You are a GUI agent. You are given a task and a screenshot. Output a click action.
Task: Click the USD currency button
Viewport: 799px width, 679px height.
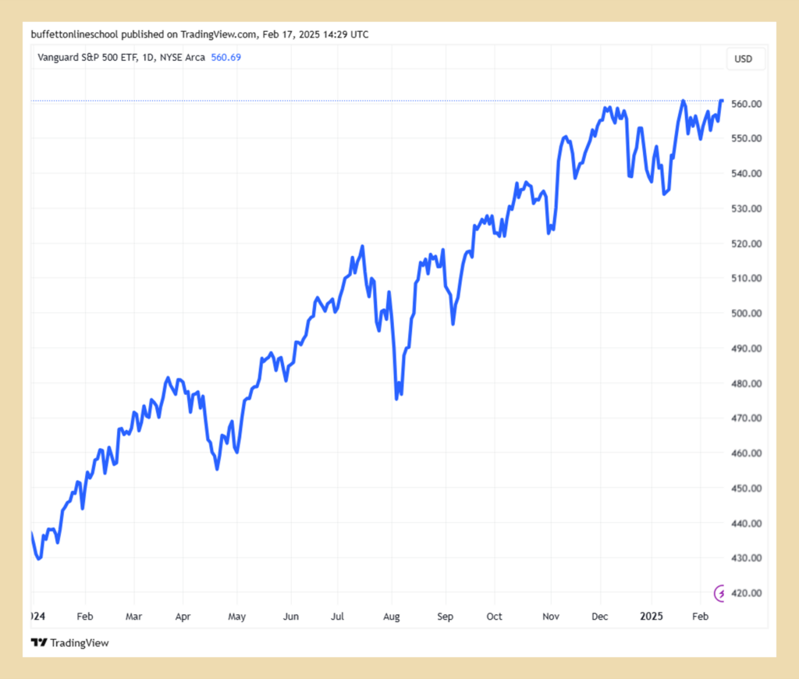pyautogui.click(x=744, y=59)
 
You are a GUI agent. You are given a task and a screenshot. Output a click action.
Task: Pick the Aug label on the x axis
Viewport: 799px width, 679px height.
pyautogui.click(x=392, y=617)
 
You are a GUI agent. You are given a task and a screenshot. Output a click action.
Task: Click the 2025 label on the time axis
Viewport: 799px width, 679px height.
pyautogui.click(x=652, y=617)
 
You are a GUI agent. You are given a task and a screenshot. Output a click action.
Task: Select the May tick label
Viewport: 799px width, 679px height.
pyautogui.click(x=236, y=617)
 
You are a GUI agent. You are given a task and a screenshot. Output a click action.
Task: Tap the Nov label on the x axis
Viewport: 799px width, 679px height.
pyautogui.click(x=550, y=617)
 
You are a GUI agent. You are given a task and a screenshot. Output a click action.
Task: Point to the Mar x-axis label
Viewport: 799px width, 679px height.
pyautogui.click(x=134, y=617)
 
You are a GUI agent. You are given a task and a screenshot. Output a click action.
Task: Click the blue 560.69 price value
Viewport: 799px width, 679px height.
pyautogui.click(x=226, y=57)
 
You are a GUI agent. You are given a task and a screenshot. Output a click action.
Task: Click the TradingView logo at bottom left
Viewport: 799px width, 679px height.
pyautogui.click(x=69, y=643)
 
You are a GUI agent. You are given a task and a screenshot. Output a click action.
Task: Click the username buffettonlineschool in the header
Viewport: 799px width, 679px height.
pyautogui.click(x=74, y=34)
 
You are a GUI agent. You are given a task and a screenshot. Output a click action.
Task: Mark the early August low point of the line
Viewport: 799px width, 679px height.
pyautogui.click(x=396, y=399)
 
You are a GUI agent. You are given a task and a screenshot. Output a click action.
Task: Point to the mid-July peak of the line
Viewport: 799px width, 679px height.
pyautogui.click(x=363, y=247)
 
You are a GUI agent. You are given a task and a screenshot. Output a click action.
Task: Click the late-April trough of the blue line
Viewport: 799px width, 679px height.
pyautogui.click(x=217, y=469)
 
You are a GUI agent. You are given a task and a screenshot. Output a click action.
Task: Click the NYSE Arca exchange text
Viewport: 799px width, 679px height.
pyautogui.click(x=183, y=57)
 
